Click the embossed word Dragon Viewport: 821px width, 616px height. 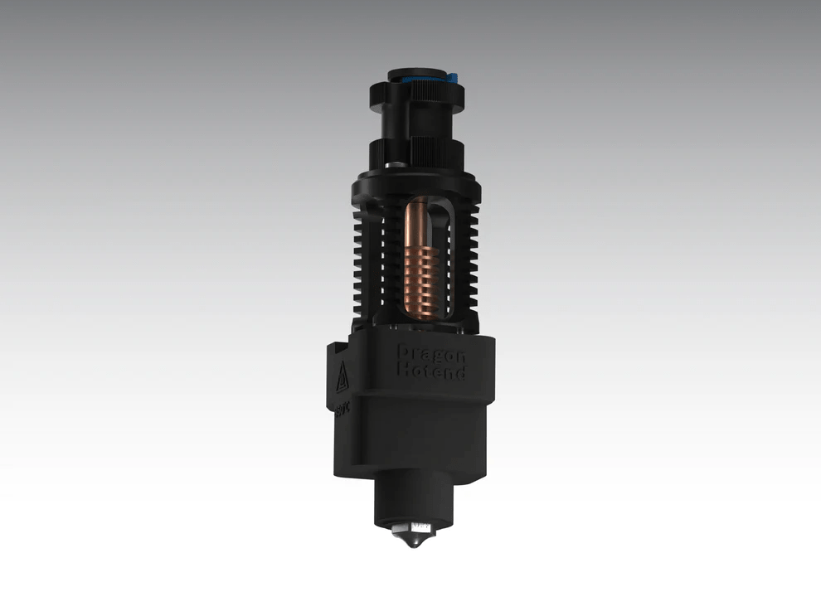coord(430,352)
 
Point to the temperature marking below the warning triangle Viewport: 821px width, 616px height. coord(340,409)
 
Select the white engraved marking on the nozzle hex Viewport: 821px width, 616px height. coord(421,525)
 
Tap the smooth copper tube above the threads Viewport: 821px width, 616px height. coord(418,220)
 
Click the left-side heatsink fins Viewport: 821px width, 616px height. coord(365,265)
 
